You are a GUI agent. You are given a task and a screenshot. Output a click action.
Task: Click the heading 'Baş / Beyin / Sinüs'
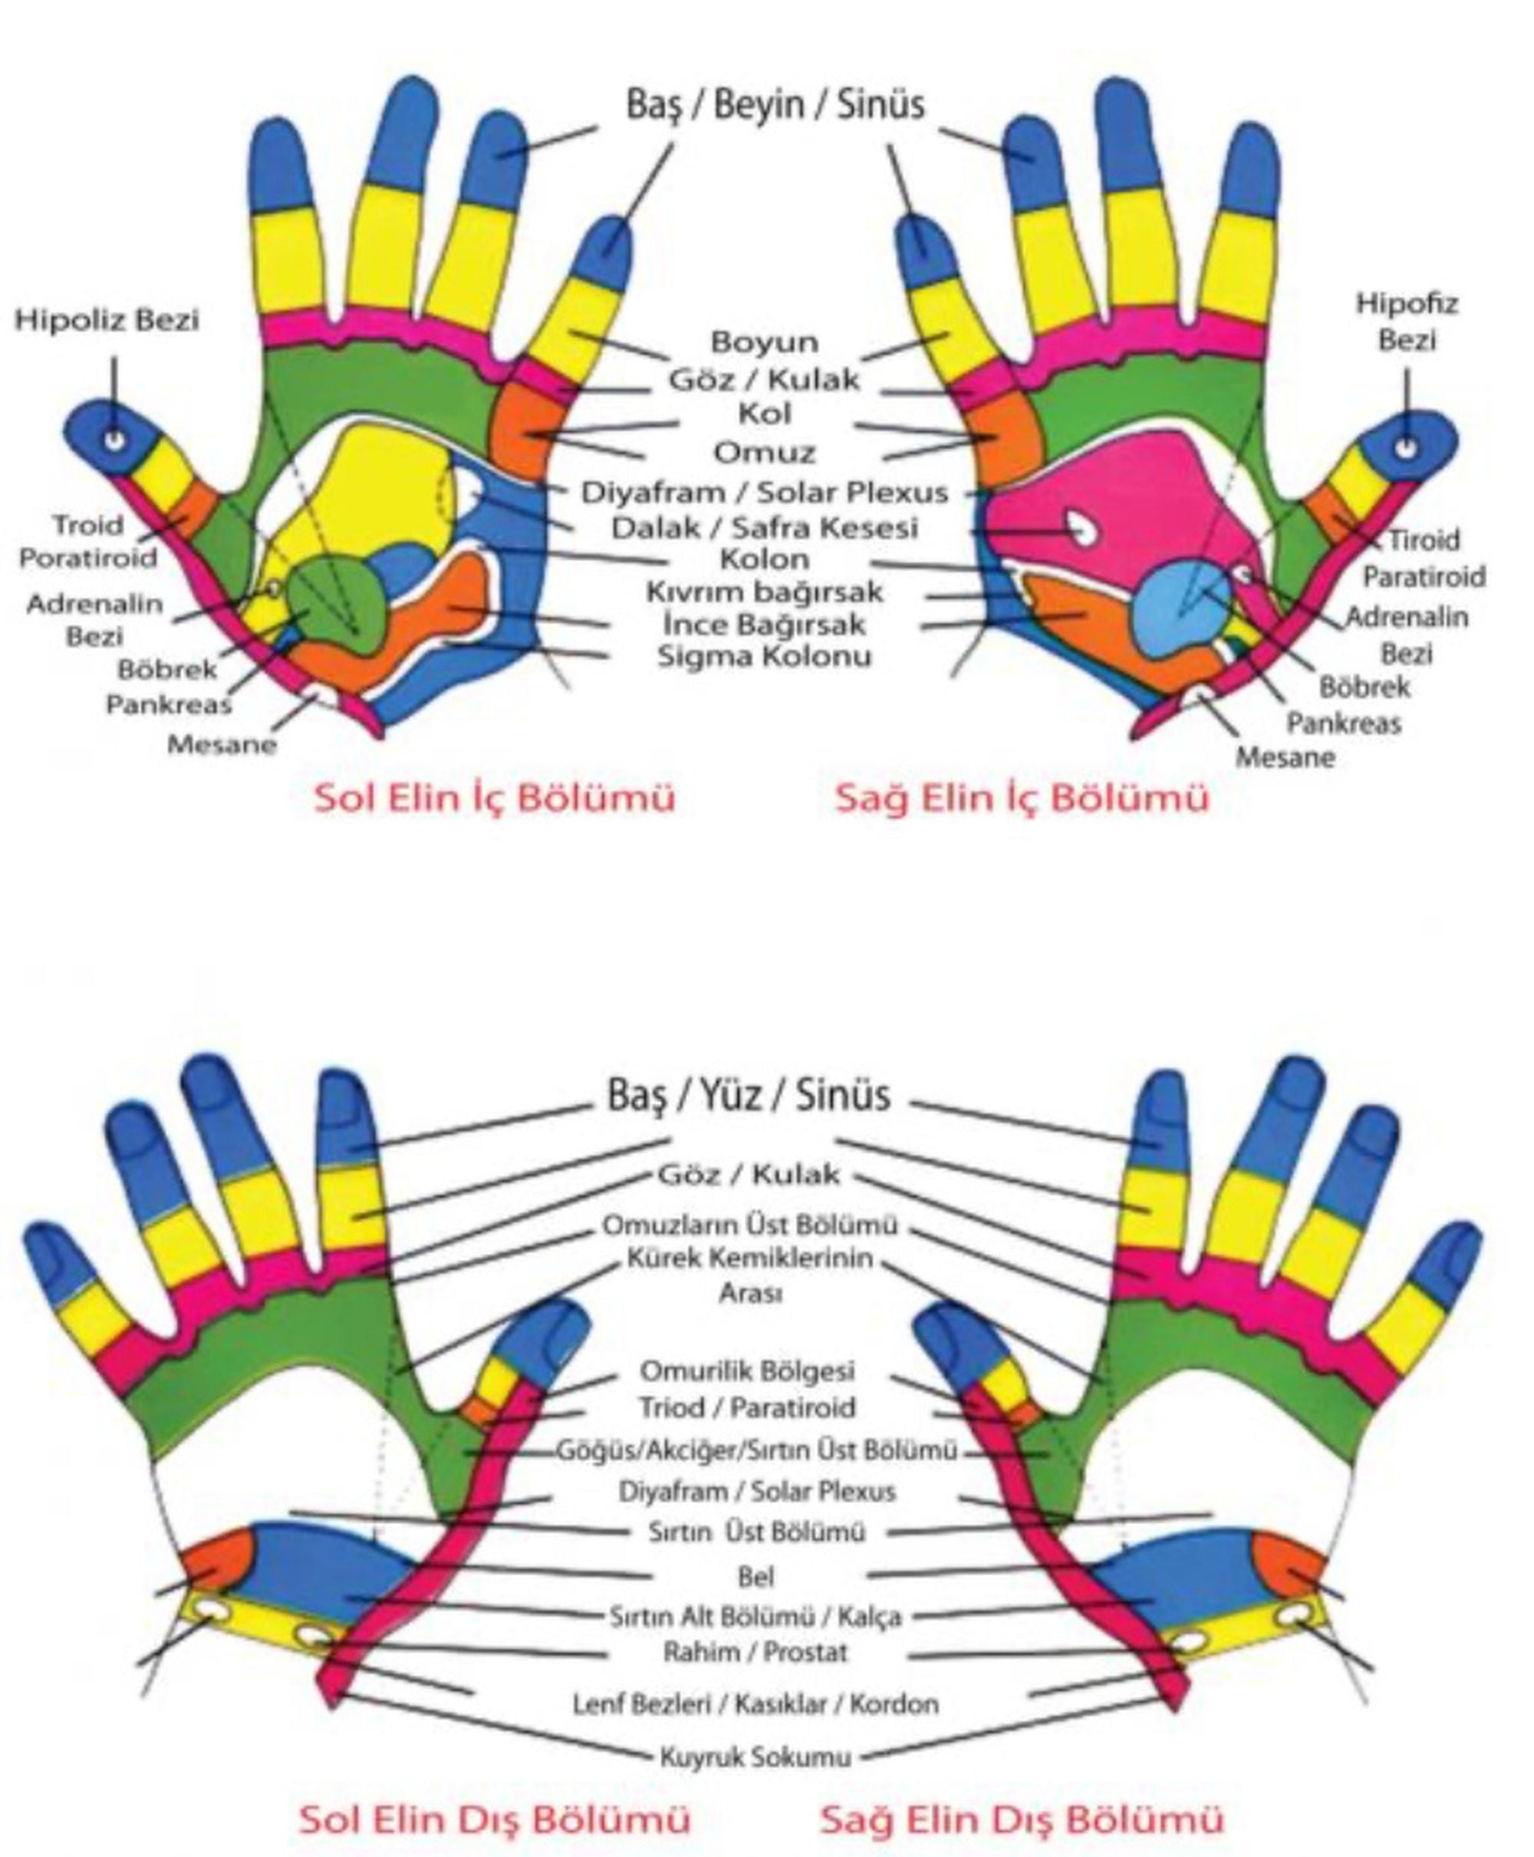click(x=775, y=104)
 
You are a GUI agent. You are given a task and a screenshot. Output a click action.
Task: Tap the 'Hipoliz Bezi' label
click(x=107, y=319)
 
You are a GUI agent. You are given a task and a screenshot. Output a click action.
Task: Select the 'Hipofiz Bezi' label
click(x=1407, y=321)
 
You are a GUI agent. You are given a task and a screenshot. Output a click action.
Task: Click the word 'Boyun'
click(x=765, y=341)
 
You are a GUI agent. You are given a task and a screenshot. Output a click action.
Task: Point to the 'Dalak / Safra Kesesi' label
click(x=765, y=528)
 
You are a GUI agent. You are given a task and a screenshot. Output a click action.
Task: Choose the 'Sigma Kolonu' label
click(x=765, y=656)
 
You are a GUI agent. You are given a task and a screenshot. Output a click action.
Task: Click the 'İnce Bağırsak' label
click(x=765, y=624)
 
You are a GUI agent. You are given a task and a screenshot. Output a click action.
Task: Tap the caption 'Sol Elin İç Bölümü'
click(x=495, y=797)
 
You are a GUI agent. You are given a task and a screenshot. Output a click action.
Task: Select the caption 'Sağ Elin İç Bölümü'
click(x=1022, y=797)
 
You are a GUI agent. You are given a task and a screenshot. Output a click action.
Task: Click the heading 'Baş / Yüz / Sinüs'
click(x=749, y=1095)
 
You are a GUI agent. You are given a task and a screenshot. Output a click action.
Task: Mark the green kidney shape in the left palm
click(x=341, y=604)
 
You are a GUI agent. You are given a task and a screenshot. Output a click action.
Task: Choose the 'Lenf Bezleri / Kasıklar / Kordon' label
click(x=755, y=1704)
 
